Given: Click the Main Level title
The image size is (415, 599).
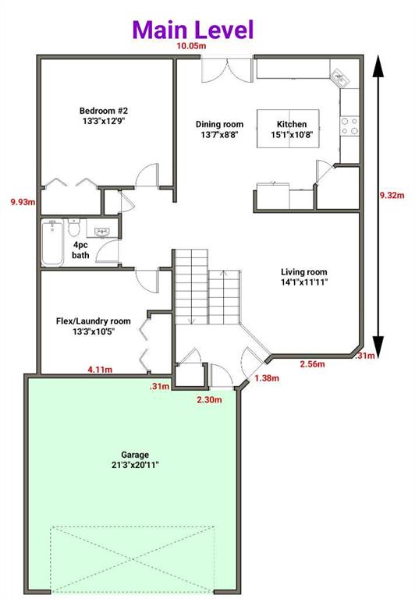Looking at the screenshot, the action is (x=193, y=30).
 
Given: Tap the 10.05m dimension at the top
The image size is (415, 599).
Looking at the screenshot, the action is (x=191, y=46).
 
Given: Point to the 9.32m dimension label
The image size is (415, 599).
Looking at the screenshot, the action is (x=392, y=195).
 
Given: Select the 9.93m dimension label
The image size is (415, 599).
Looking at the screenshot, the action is (x=23, y=202).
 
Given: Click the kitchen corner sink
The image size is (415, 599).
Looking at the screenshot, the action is (x=339, y=78).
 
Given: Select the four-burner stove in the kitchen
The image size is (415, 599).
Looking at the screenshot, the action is (x=349, y=126).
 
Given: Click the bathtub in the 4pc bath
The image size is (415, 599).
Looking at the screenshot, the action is (x=52, y=243).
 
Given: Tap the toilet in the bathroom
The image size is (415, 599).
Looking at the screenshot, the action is (x=73, y=227).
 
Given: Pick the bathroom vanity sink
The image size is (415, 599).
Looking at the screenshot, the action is (x=102, y=232).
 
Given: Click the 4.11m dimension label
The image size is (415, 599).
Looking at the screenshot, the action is (x=100, y=370).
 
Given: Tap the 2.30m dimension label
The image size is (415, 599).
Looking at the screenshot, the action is (x=209, y=400).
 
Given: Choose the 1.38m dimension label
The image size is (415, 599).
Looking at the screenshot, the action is (x=267, y=378).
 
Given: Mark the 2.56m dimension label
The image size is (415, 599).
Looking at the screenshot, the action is (x=313, y=364).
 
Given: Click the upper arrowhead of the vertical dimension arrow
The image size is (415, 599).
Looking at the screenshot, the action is (x=378, y=66).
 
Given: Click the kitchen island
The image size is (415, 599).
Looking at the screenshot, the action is (x=288, y=129).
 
